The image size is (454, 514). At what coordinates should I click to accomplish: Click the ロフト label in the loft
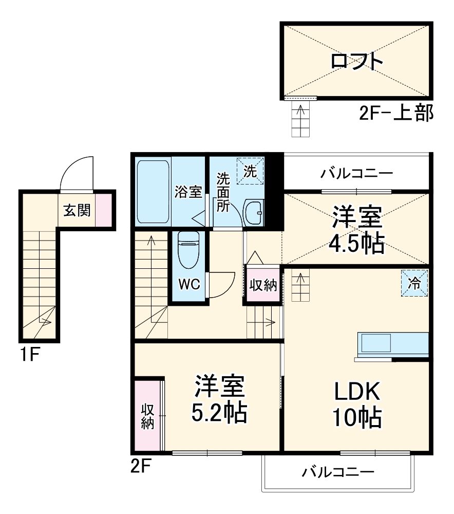356,61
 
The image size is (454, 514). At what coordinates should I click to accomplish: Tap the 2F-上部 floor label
396,113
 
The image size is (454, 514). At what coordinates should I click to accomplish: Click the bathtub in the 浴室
153,192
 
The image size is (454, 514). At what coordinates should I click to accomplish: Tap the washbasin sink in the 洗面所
253,211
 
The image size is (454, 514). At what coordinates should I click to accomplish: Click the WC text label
189,285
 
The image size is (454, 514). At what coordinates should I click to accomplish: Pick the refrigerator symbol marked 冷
414,282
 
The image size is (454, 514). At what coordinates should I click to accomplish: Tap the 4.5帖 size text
356,244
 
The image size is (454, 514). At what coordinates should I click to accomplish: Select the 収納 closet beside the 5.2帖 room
147,416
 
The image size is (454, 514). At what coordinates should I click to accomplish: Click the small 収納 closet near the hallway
263,285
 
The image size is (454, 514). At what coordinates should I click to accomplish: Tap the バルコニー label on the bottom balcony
337,471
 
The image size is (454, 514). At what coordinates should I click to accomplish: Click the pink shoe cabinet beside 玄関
102,210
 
